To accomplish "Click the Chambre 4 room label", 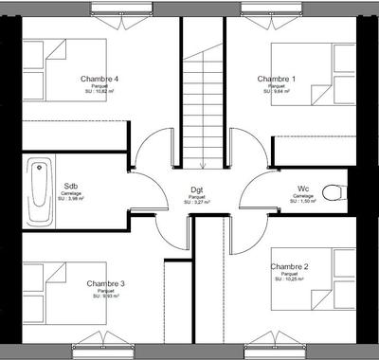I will [x=99, y=78].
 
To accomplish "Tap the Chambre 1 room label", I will [x=277, y=78].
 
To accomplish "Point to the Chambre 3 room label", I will [x=105, y=283].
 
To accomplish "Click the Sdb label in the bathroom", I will [x=71, y=186].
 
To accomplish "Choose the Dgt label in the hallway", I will [x=197, y=190].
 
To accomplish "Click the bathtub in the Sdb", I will [x=39, y=190].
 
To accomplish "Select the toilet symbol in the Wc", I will [x=332, y=193].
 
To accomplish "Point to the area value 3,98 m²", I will [x=71, y=199].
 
